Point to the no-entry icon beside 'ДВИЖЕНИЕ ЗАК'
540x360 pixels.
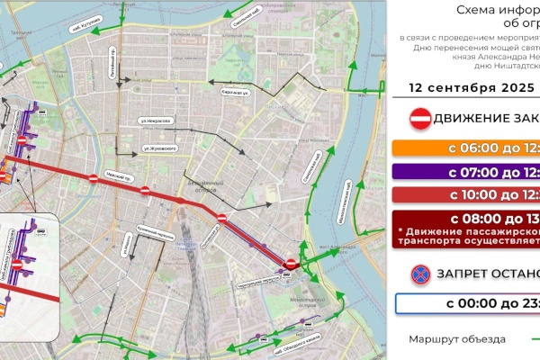[419, 119]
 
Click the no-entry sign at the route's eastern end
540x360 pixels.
[290, 264]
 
